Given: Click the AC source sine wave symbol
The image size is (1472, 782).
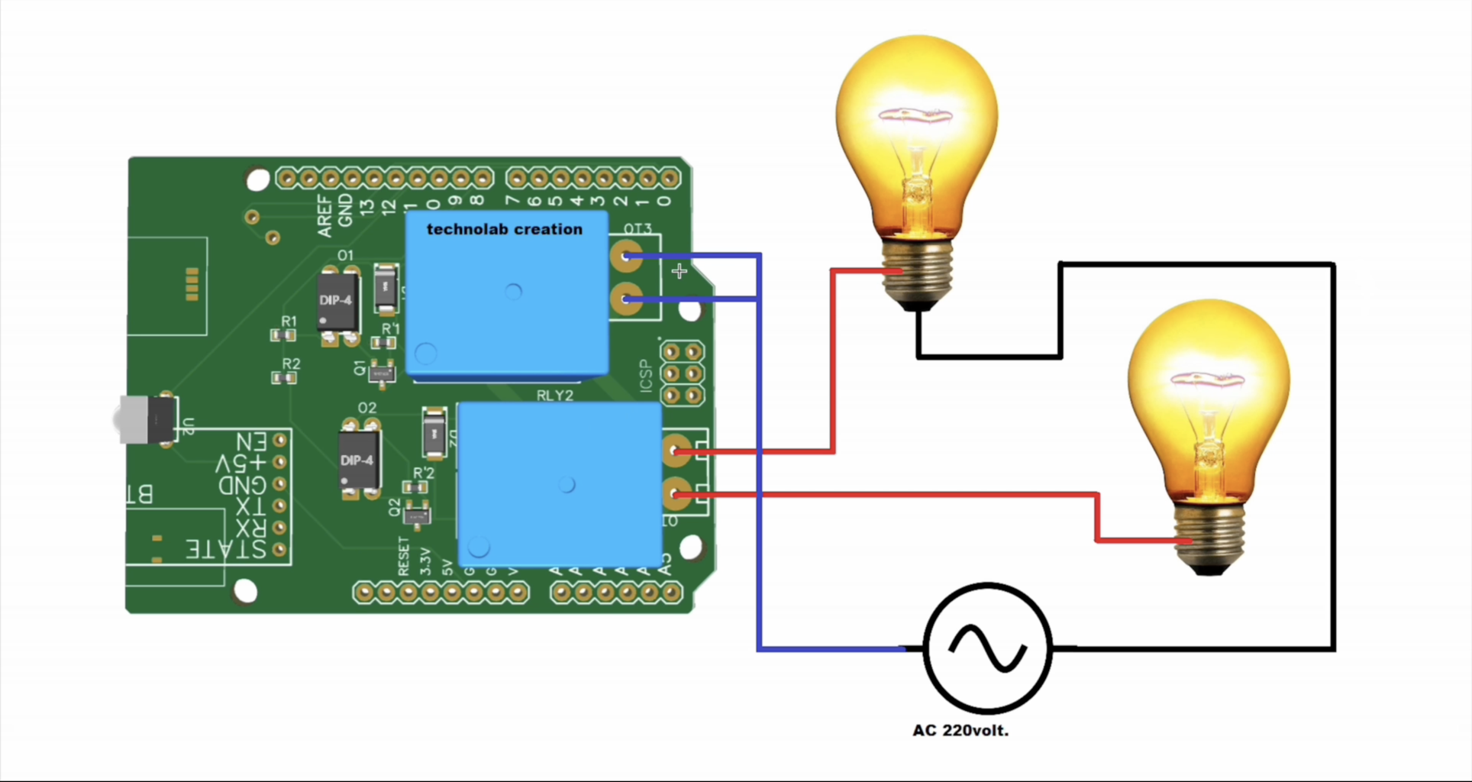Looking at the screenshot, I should pyautogui.click(x=987, y=648).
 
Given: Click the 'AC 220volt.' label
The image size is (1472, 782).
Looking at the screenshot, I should pyautogui.click(x=960, y=731).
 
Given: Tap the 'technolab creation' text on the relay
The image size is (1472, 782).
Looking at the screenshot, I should pyautogui.click(x=504, y=229).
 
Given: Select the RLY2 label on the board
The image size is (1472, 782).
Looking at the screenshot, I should pyautogui.click(x=554, y=396).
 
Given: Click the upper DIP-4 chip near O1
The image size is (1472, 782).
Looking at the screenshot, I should pyautogui.click(x=337, y=301).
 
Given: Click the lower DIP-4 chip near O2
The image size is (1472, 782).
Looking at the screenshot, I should pyautogui.click(x=358, y=460).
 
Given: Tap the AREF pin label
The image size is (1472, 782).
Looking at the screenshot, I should pyautogui.click(x=325, y=215).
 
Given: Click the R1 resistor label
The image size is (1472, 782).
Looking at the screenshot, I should pyautogui.click(x=289, y=322).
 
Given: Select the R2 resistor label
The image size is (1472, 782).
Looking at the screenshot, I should pyautogui.click(x=291, y=364).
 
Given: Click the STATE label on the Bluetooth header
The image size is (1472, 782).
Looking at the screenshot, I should pyautogui.click(x=227, y=549).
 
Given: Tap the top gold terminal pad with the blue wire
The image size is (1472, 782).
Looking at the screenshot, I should pyautogui.click(x=626, y=256).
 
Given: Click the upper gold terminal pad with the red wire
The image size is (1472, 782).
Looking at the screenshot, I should pyautogui.click(x=676, y=451).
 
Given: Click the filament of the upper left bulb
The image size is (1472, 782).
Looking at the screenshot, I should pyautogui.click(x=915, y=117).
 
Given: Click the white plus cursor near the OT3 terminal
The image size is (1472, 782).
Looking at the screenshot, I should pyautogui.click(x=680, y=271).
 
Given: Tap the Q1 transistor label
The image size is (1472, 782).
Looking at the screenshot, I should pyautogui.click(x=360, y=368).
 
